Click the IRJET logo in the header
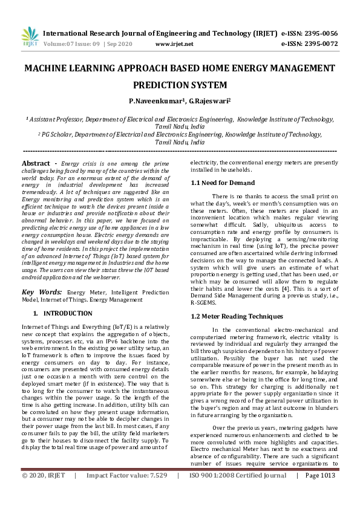coord(30,38)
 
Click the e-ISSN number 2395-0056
coord(317,33)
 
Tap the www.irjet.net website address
coord(174,44)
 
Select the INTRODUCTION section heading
coord(68,313)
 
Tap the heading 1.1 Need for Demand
coord(223,182)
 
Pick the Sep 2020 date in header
coord(122,44)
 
